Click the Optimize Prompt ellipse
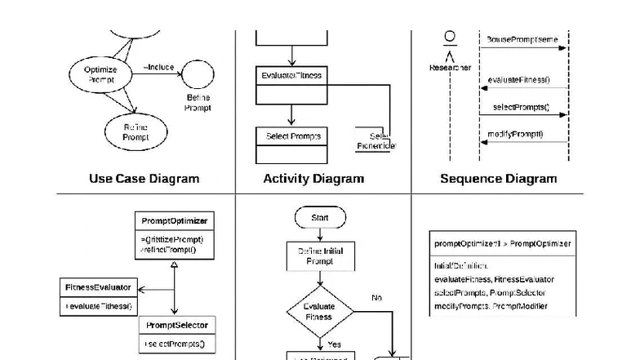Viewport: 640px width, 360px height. (101, 74)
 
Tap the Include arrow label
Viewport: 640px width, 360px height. (158, 67)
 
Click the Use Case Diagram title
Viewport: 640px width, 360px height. (144, 178)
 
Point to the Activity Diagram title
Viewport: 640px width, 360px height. (313, 178)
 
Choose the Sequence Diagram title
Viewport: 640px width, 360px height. (498, 178)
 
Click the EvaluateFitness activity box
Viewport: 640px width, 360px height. (291, 76)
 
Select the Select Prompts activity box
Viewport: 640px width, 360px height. (291, 136)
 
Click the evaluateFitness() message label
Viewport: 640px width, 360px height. (518, 80)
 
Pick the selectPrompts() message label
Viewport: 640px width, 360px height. (521, 107)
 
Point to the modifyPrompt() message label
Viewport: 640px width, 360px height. (515, 134)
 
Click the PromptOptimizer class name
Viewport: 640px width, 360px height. (174, 221)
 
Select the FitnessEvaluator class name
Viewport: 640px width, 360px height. (98, 287)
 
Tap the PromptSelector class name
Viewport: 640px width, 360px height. (176, 325)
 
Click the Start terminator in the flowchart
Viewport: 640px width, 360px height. (320, 218)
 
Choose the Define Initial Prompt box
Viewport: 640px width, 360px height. (320, 256)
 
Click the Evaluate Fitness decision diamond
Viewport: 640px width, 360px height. (319, 311)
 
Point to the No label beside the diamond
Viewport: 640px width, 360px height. (376, 298)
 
